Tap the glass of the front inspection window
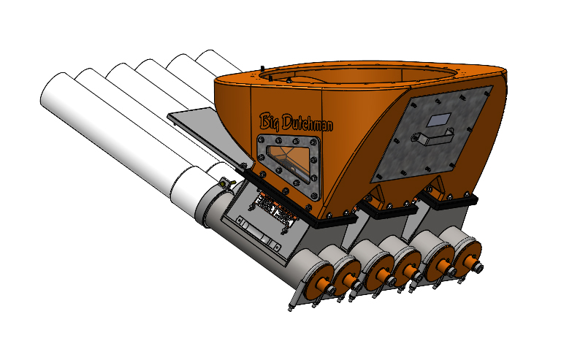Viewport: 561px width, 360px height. pyautogui.click(x=289, y=158)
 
